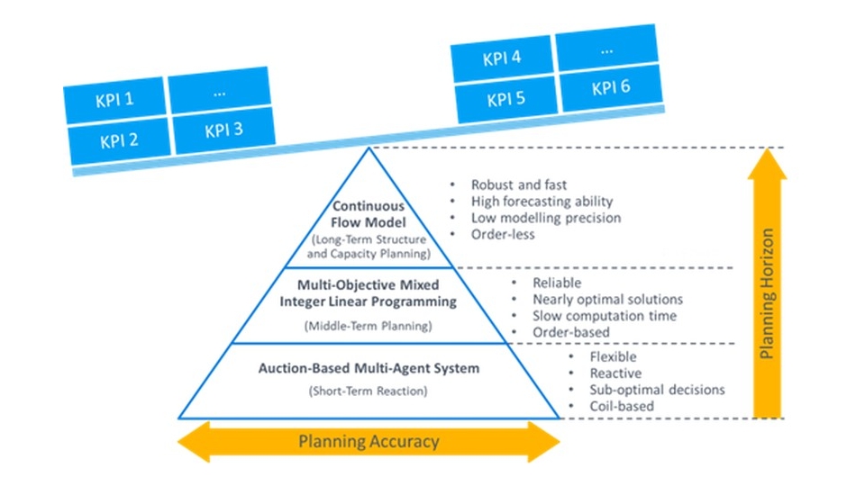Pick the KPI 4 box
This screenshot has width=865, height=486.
point(502,59)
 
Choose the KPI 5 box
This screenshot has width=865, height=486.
point(505,99)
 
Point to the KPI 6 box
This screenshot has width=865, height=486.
point(610,88)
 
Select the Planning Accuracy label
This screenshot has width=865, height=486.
point(369,441)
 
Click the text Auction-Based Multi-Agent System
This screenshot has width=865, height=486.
point(369,368)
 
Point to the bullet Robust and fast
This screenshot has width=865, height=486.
point(518,184)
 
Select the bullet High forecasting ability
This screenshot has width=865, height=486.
point(541,202)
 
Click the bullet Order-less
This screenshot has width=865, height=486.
point(503,234)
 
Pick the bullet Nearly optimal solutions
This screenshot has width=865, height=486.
point(607,299)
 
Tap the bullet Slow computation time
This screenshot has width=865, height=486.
point(604,316)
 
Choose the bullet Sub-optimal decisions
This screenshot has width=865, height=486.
point(657,390)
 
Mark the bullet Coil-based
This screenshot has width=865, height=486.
point(622,406)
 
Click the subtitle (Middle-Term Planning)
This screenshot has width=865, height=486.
point(368,325)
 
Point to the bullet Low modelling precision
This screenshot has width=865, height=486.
point(545,218)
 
